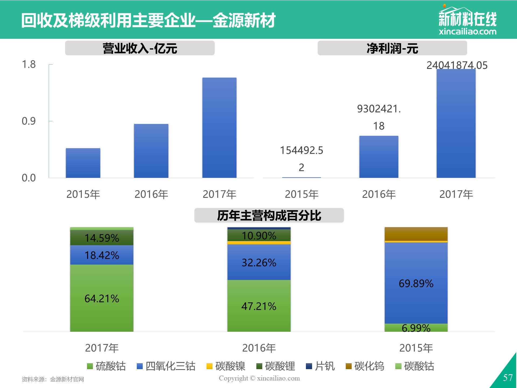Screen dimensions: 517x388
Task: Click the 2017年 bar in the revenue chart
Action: pyautogui.click(x=219, y=128)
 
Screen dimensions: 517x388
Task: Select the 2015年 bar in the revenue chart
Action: pyautogui.click(x=83, y=163)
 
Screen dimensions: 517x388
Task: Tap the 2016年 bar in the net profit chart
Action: pyautogui.click(x=379, y=157)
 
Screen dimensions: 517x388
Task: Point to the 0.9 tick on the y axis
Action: pyautogui.click(x=29, y=121)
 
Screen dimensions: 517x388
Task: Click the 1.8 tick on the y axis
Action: pyautogui.click(x=29, y=64)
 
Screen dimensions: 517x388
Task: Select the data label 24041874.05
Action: pyautogui.click(x=457, y=65)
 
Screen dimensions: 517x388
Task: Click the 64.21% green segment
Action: pyautogui.click(x=102, y=298)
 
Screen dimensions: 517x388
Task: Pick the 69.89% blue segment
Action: pyautogui.click(x=416, y=283)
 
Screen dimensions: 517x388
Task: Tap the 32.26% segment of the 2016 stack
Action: pyautogui.click(x=259, y=262)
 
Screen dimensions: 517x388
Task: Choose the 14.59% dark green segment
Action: pyautogui.click(x=102, y=237)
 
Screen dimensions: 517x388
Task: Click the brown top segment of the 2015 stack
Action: pyautogui.click(x=416, y=234)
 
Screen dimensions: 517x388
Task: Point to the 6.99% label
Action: pyautogui.click(x=416, y=328)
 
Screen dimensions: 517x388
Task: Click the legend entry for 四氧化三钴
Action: pyautogui.click(x=166, y=366)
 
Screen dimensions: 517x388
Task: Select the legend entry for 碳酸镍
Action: pyautogui.click(x=226, y=366)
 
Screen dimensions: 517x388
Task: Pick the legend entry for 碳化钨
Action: pyautogui.click(x=365, y=366)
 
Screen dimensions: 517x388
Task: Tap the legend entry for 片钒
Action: pyautogui.click(x=320, y=366)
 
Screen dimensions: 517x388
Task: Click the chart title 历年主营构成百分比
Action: pyautogui.click(x=269, y=216)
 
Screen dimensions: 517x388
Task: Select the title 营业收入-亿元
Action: pyautogui.click(x=140, y=48)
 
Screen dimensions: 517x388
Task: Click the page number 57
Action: pyautogui.click(x=508, y=377)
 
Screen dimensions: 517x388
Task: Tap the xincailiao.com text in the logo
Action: pyautogui.click(x=467, y=31)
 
